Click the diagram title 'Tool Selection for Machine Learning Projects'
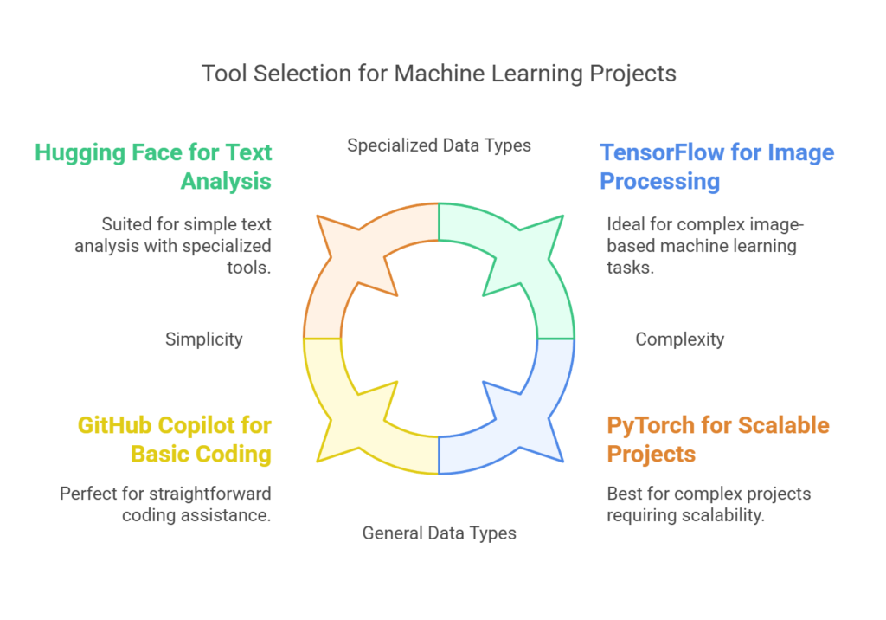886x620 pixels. coord(439,74)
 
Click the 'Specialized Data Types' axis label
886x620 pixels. coord(439,145)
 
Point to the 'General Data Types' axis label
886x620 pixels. coord(439,533)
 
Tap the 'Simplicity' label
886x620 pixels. coord(204,339)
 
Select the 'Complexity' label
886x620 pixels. coord(680,339)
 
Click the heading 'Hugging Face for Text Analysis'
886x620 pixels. coord(153,167)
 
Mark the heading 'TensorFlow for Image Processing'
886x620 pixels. coord(717,167)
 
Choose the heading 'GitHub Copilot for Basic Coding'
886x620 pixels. coord(175,440)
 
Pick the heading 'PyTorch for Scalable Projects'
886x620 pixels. coord(718,440)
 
